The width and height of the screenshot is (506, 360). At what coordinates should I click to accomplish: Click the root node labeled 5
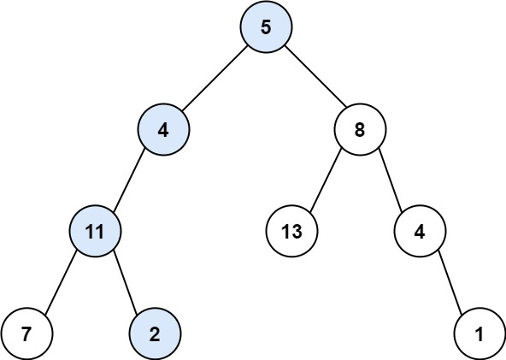(x=266, y=27)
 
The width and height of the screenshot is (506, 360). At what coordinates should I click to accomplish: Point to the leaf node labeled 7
(x=26, y=333)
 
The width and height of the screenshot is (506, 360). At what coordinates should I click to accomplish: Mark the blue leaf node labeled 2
(x=155, y=333)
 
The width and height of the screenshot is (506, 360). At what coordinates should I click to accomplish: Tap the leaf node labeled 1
(x=480, y=333)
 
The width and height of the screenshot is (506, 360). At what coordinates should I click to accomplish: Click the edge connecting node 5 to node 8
(x=314, y=80)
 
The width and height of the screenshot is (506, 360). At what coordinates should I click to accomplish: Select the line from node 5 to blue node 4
(x=215, y=80)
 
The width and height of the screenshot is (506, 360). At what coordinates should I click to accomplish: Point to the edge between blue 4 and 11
(x=129, y=181)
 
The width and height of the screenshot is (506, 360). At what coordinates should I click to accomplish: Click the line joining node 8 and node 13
(x=327, y=181)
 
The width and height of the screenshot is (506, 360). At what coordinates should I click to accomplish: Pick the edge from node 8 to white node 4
(x=391, y=181)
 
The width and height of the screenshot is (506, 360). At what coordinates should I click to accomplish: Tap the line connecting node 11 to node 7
(x=61, y=281)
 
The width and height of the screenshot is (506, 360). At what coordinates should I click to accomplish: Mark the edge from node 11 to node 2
(x=125, y=281)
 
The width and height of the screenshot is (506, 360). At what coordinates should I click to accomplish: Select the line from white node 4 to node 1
(x=450, y=281)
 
